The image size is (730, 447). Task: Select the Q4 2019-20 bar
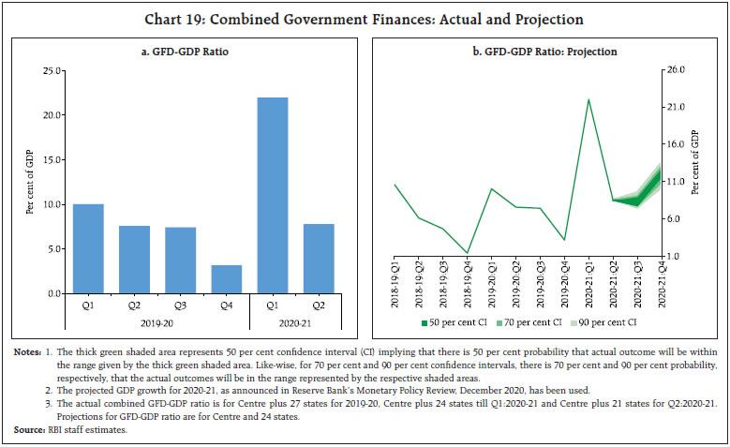point(226,279)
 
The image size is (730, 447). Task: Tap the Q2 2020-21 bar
point(318,259)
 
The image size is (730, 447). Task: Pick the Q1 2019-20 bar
point(88,248)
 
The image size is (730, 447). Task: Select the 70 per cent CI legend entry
point(527,323)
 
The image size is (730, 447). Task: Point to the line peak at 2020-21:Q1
point(588,99)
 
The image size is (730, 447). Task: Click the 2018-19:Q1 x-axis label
point(395,285)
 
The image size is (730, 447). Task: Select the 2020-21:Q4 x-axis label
point(662,285)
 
